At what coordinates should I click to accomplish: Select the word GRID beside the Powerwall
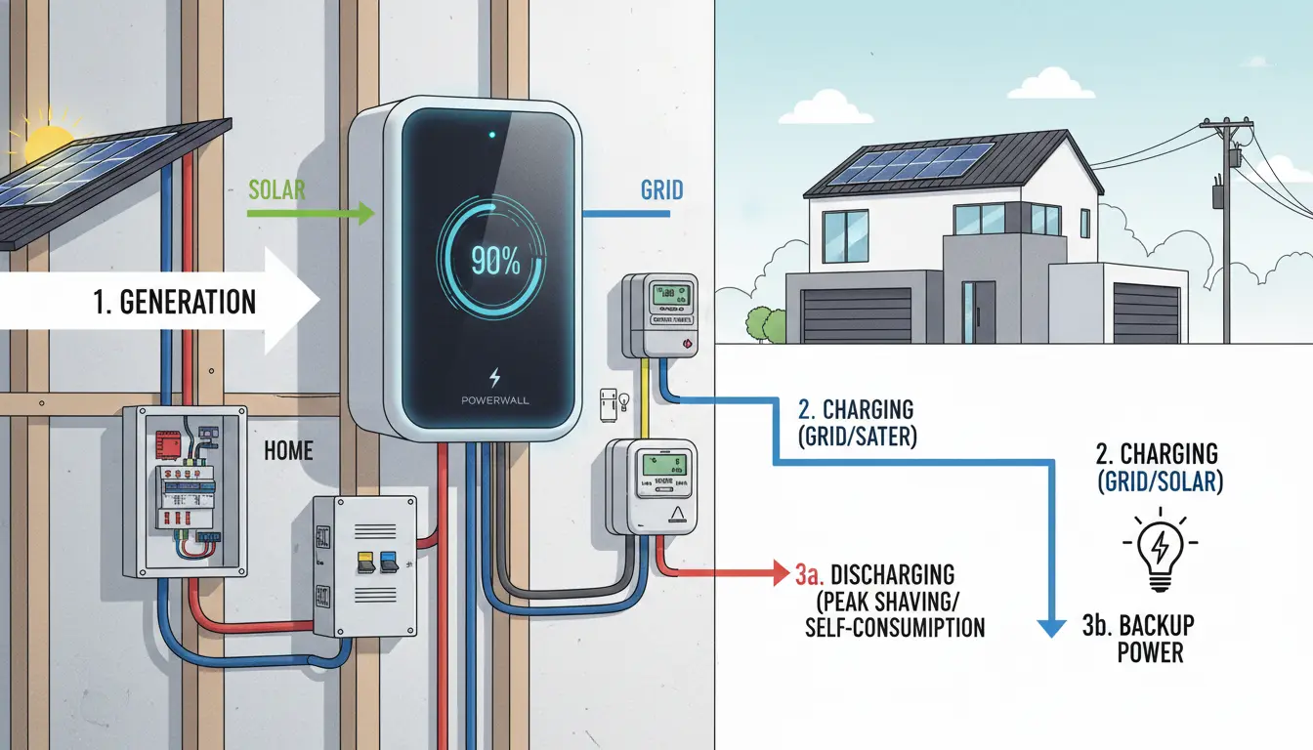pos(661,188)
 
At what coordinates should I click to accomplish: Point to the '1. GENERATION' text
pos(177,301)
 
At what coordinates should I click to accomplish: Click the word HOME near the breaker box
pos(289,450)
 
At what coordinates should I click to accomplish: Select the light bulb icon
pos(1158,549)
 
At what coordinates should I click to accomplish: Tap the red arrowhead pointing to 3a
pos(779,568)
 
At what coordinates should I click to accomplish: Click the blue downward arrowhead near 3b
pos(1050,627)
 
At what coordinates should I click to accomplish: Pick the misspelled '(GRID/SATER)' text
pos(859,437)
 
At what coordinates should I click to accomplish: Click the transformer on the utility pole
pos(1219,193)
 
